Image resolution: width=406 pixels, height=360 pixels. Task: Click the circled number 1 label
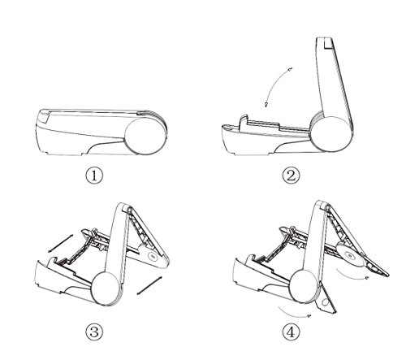point(94,176)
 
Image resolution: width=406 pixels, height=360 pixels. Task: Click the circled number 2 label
point(292,176)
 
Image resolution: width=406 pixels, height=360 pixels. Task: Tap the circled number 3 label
point(94,332)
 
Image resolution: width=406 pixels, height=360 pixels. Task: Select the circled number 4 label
point(292,332)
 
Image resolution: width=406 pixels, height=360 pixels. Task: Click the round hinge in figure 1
point(145,137)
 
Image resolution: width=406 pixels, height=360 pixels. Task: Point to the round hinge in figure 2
point(331,134)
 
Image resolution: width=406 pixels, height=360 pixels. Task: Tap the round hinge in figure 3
point(106,288)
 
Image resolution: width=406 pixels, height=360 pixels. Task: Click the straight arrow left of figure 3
point(60,243)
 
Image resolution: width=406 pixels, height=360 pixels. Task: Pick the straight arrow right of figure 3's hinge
point(149,285)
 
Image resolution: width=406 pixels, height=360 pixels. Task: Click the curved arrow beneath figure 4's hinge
point(295,313)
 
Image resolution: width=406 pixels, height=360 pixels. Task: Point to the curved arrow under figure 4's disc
point(352,275)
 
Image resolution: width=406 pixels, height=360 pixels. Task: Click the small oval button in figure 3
point(153,256)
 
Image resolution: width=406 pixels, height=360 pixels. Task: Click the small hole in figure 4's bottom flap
point(326,302)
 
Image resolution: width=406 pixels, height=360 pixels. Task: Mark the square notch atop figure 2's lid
point(330,42)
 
